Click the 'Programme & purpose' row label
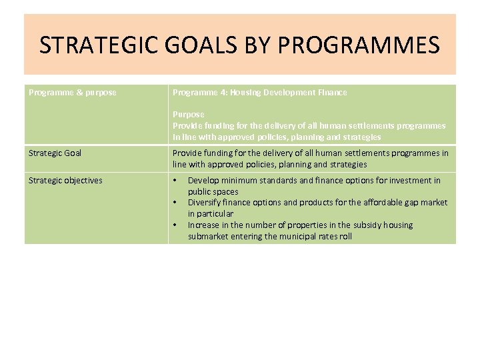pos(72,93)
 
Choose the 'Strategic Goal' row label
pos(55,153)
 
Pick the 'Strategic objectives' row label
pos(65,181)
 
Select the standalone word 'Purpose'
pos(188,115)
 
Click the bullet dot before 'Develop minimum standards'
pos(175,181)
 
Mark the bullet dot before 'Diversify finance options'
pos(175,203)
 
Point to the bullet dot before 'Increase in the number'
pos(175,225)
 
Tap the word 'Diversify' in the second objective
pos(205,203)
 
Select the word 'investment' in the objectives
pos(409,181)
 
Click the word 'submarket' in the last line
pos(209,237)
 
